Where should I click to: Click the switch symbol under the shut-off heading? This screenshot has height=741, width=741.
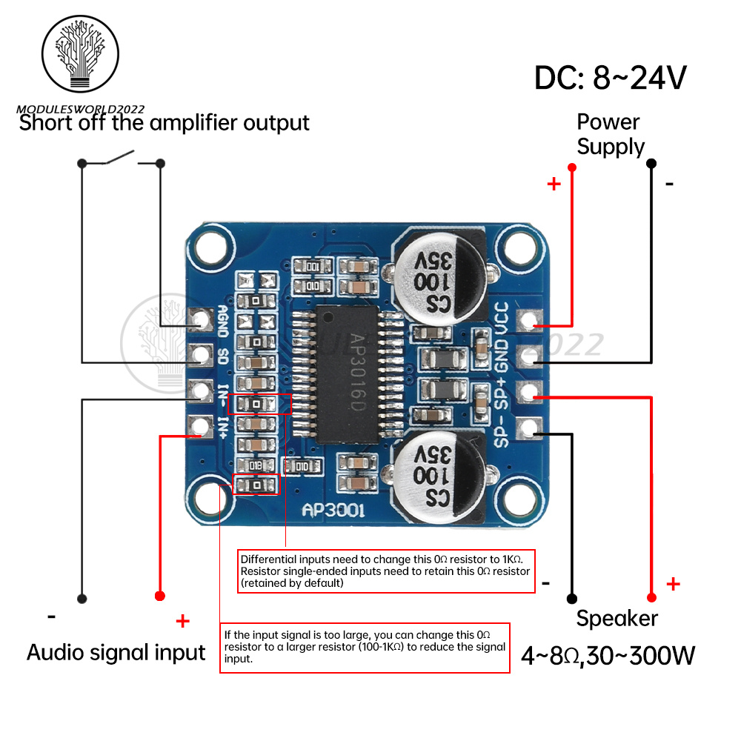(x=120, y=159)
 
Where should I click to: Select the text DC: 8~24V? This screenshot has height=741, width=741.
(x=611, y=77)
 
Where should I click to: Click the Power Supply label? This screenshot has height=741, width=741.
(x=611, y=134)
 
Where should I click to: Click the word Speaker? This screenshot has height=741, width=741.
(x=617, y=618)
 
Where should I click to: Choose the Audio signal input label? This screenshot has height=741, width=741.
(x=116, y=652)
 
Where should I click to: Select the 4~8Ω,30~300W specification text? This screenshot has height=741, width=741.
(x=608, y=655)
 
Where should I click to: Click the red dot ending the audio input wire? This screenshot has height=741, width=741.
(x=159, y=597)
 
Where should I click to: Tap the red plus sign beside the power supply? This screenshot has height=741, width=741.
(x=554, y=184)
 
